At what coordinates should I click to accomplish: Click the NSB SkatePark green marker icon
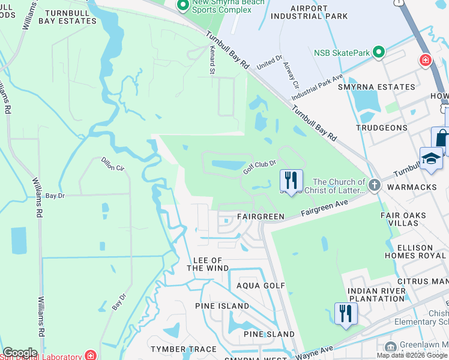pos(379,53)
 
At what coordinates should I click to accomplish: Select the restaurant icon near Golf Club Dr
pos(291,181)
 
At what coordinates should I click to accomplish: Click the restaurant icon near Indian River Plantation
pos(346,314)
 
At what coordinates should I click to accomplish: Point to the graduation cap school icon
pos(431,158)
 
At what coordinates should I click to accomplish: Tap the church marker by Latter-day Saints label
pos(375,185)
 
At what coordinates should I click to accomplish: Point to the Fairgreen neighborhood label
pos(260,216)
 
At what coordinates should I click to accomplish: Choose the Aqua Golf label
pos(261,286)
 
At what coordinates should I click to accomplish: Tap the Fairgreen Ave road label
pos(324,206)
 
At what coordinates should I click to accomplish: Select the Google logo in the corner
pos(20,353)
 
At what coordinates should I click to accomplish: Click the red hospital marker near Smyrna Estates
pos(426,61)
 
